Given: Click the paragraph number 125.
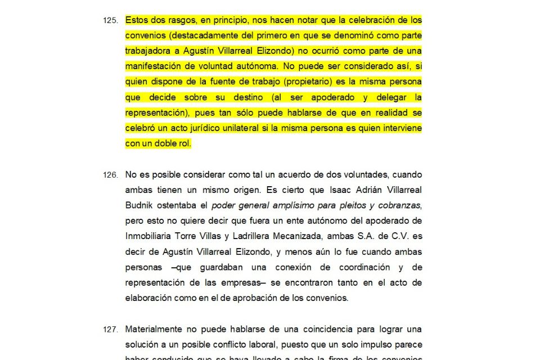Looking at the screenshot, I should pyautogui.click(x=110, y=20).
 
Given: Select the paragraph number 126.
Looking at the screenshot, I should pyautogui.click(x=110, y=175).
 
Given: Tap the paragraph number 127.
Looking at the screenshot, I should pyautogui.click(x=110, y=329).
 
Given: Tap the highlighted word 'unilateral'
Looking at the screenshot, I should pyautogui.click(x=240, y=128).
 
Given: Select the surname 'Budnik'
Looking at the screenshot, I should pyautogui.click(x=139, y=205).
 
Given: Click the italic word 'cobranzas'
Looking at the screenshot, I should pyautogui.click(x=400, y=205).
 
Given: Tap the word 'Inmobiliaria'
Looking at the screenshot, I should pyautogui.click(x=147, y=236).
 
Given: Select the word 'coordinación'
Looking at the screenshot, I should pyautogui.click(x=360, y=267).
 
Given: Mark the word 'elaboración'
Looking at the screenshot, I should pyautogui.click(x=148, y=298).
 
